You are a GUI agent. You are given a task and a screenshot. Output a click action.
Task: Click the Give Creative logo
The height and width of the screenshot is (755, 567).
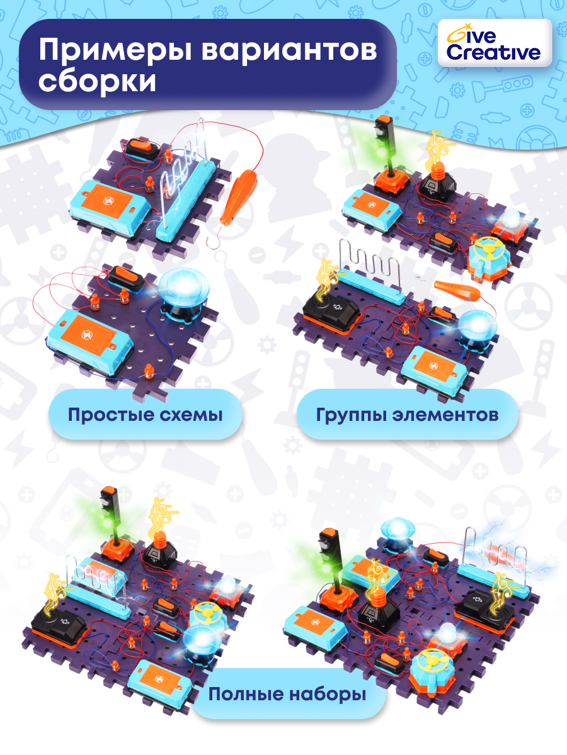(494, 43)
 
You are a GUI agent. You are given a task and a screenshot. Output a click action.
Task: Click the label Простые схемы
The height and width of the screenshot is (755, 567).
(146, 415)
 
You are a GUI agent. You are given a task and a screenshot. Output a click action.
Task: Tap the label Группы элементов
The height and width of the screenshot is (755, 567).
(407, 415)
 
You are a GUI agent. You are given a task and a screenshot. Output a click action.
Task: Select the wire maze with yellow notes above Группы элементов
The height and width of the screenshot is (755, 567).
(370, 272)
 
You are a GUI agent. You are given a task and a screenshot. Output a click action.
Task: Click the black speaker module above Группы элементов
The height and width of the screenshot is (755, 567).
(332, 315)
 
